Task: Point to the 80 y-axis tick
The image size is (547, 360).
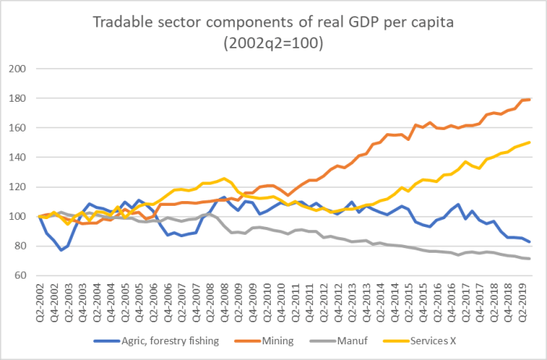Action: tap(22, 247)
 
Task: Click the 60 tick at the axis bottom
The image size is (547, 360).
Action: tap(22, 275)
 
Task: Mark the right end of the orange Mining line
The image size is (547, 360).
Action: tap(530, 99)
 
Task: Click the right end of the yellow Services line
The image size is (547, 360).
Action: tap(530, 142)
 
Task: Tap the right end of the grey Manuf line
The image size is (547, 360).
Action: tap(530, 259)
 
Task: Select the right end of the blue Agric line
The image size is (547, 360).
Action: tap(530, 242)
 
